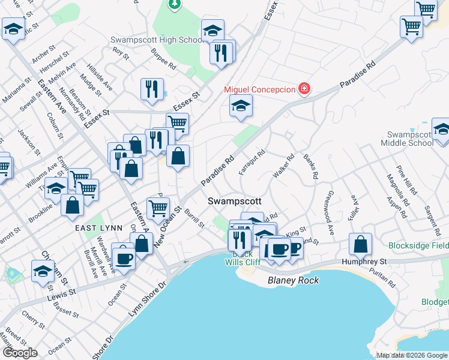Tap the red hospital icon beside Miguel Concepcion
pyautogui.click(x=305, y=89)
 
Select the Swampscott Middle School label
pyautogui.click(x=410, y=139)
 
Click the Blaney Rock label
pyautogui.click(x=293, y=280)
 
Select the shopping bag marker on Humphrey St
pyautogui.click(x=360, y=245)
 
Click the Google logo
pyautogui.click(x=19, y=353)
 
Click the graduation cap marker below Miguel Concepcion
pyautogui.click(x=241, y=106)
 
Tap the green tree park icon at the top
pyautogui.click(x=175, y=4)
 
